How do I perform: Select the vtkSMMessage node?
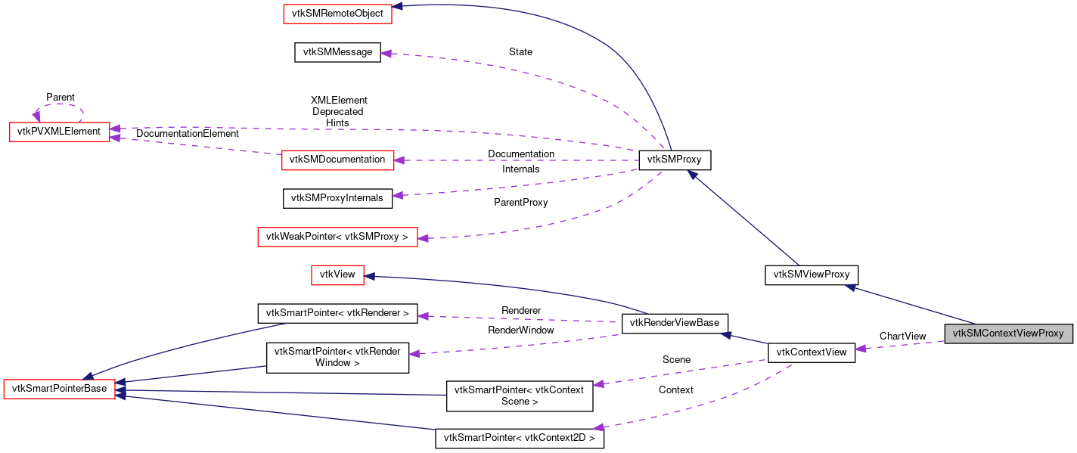click(x=337, y=52)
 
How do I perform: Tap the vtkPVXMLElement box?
click(x=59, y=132)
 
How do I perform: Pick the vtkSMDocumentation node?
click(x=337, y=160)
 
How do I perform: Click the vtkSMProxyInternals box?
click(x=337, y=199)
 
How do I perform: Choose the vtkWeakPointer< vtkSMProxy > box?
click(x=337, y=237)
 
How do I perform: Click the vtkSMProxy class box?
click(x=675, y=160)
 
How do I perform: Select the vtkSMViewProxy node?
click(x=812, y=275)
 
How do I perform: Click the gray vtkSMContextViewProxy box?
click(x=1008, y=333)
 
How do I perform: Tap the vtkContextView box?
click(x=812, y=352)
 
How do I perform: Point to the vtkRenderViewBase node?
click(x=675, y=323)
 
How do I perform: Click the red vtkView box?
click(x=337, y=275)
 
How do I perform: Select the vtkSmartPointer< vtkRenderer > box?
click(x=337, y=313)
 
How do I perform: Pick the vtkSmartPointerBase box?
click(x=60, y=389)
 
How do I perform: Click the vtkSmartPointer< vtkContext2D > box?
click(x=519, y=438)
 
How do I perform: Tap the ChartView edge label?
click(x=902, y=337)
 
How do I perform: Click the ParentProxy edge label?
click(x=520, y=203)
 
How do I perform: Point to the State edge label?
click(x=520, y=52)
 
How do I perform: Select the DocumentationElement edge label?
click(x=187, y=134)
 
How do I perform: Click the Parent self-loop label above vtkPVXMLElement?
click(x=61, y=98)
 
